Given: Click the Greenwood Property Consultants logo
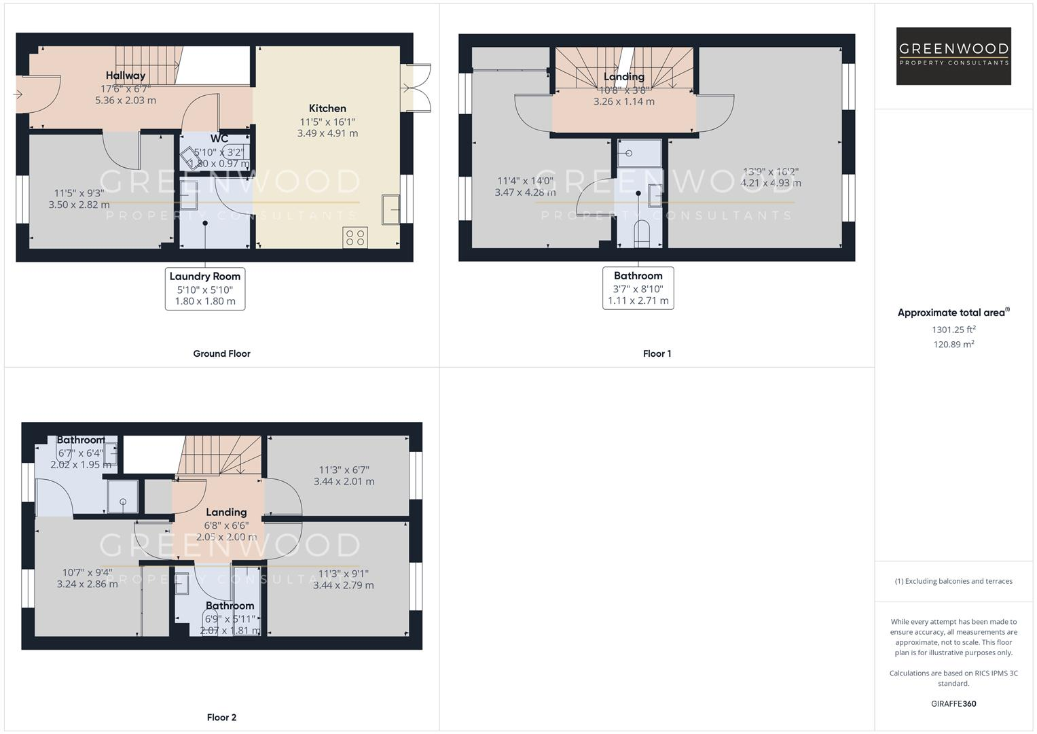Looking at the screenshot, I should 953,56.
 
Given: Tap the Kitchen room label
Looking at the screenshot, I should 327,108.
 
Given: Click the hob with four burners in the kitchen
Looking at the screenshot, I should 355,237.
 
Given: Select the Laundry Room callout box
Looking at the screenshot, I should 205,289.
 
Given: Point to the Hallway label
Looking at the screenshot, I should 126,75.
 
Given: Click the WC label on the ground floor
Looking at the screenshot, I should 219,139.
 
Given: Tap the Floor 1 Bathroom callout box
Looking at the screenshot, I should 638,288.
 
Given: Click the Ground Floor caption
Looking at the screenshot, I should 221,353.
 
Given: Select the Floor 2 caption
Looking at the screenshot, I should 221,717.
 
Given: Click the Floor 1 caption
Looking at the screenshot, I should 657,353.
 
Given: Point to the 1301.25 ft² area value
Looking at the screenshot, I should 953,330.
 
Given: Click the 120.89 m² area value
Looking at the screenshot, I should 953,345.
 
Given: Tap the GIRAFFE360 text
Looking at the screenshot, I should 953,703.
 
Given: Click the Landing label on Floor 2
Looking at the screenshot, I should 226,512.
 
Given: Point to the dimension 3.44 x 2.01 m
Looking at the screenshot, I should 344,481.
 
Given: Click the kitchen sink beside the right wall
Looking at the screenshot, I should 391,209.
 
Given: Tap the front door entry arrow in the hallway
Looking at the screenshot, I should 18,94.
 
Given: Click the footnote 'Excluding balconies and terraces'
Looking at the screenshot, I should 953,581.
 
